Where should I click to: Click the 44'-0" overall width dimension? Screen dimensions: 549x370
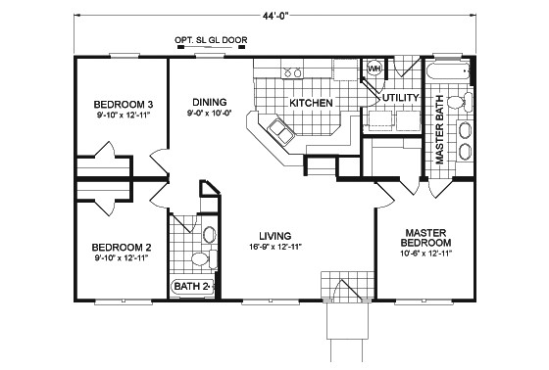pos(275,17)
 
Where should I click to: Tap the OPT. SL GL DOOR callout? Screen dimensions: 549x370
pos(211,40)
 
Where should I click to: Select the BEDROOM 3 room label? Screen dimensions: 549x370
pos(124,104)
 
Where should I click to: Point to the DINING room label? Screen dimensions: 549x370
pos(210,102)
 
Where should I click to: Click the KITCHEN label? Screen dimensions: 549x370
pos(311,103)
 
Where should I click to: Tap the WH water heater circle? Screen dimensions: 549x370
pos(374,69)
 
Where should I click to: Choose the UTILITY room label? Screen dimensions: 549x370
pos(401,98)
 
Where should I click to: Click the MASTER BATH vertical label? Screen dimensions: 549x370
pos(439,129)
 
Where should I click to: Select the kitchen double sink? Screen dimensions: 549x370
pos(280,131)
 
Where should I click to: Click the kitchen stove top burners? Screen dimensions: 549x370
pos(293,72)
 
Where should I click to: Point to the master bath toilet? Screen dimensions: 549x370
pos(460,102)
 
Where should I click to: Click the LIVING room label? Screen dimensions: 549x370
pos(275,236)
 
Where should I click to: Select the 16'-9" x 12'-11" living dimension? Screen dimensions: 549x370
pos(275,247)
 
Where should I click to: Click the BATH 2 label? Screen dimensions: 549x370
pos(191,287)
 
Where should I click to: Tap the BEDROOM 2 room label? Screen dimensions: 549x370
pos(122,248)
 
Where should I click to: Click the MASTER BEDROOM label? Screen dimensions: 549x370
pos(425,238)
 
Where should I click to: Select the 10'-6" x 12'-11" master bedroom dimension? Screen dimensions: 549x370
pos(426,254)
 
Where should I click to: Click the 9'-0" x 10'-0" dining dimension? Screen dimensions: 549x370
pos(210,113)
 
